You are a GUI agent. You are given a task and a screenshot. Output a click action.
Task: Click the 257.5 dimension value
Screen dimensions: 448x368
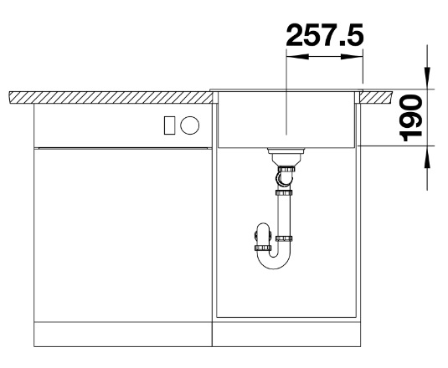coord(325,35)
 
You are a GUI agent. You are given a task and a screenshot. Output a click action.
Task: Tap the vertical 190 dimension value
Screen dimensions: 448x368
coord(411,118)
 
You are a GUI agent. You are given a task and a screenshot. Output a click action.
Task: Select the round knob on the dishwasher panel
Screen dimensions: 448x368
coord(190,125)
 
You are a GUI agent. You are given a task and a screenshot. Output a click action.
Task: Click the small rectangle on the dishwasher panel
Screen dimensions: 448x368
coord(169,125)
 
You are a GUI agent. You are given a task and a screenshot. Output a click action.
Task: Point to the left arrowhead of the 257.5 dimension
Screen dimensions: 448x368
coord(297,57)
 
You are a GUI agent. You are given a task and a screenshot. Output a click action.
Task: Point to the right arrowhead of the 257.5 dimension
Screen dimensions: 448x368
coord(352,57)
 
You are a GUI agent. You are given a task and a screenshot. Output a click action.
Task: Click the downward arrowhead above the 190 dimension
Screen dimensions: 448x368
coord(427,78)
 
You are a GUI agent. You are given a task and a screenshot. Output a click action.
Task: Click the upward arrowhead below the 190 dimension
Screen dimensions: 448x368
coord(427,156)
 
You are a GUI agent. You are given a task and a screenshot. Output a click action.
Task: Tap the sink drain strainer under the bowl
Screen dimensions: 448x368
coord(286,156)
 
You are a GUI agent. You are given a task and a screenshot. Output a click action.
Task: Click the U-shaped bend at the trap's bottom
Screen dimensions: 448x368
coord(274,263)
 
